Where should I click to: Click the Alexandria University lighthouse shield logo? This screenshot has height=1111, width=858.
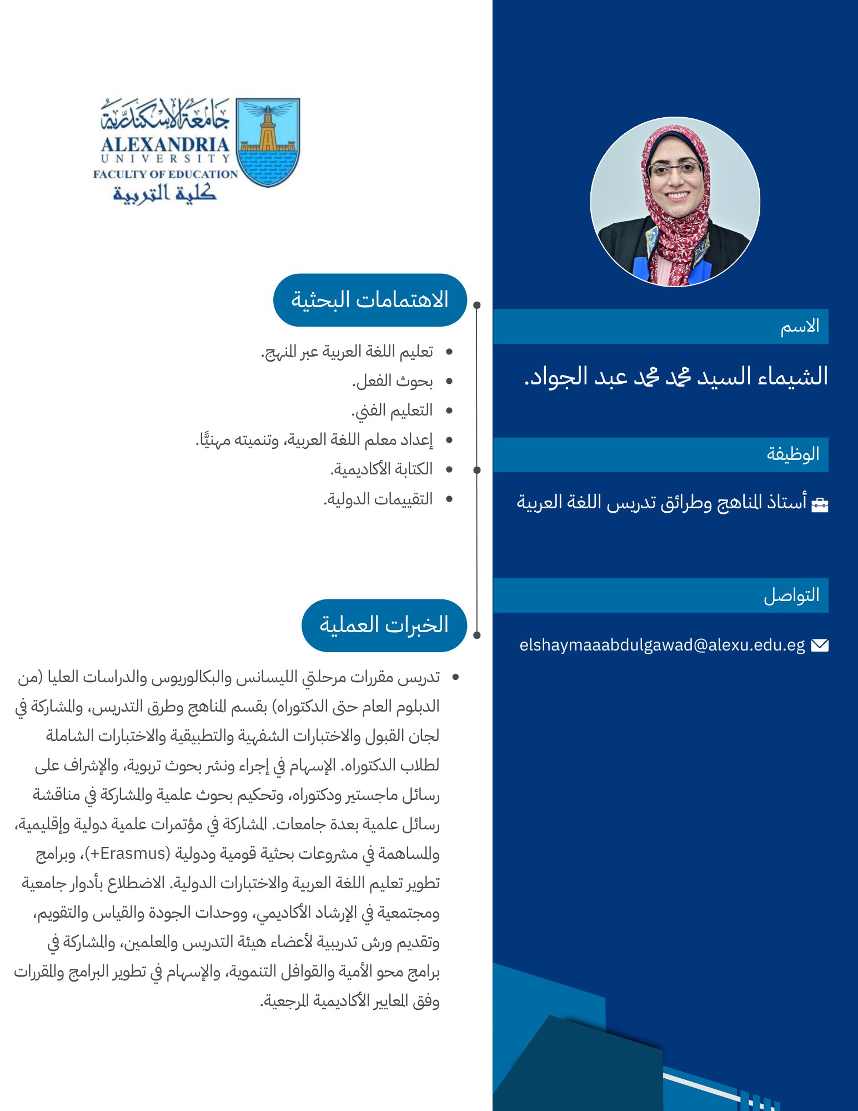coord(268,142)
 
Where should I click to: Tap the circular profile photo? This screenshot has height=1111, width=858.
coord(675,202)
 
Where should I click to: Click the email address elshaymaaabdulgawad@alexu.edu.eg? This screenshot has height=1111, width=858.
coord(662,645)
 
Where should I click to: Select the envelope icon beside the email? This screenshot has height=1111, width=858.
coord(819,645)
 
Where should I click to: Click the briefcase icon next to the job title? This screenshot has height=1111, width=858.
coord(820,504)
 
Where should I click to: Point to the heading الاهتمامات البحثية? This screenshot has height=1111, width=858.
coord(370,300)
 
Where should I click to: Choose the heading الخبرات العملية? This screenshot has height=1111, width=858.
coord(384,625)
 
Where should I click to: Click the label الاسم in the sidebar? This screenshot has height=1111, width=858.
coord(800,327)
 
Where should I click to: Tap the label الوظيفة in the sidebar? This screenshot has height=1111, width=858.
coord(793,454)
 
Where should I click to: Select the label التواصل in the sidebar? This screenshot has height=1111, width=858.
coord(791,595)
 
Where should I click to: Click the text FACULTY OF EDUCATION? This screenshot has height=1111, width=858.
coord(165,174)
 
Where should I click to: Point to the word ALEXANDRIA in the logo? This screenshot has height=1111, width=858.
coord(165,144)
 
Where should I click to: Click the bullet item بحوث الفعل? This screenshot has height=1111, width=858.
coord(393,381)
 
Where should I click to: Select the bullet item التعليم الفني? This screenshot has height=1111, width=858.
coord(392,411)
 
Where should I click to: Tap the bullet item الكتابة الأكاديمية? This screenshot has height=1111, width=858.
coord(382,469)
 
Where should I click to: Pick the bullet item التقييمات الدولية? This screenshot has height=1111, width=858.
coord(378,499)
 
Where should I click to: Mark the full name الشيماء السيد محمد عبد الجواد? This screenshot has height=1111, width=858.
coord(676,377)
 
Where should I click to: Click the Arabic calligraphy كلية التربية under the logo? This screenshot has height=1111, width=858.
coord(164,193)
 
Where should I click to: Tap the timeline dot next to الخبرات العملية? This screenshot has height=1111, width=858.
coord(477,635)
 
